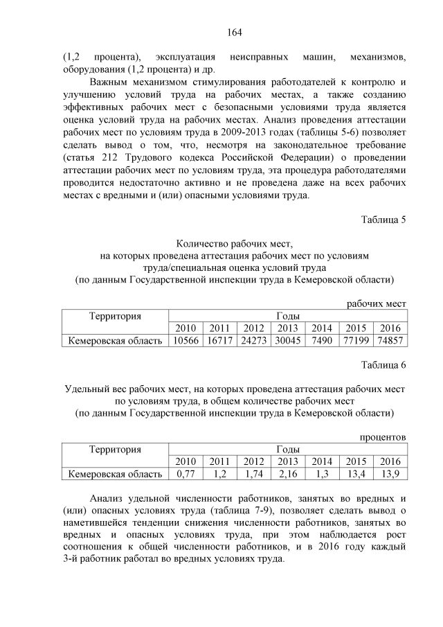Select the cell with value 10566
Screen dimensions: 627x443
pyautogui.click(x=186, y=340)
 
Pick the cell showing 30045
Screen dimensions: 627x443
pyautogui.click(x=287, y=340)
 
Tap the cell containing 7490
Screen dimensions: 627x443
pyautogui.click(x=321, y=340)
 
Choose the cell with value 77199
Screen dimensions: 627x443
pyautogui.click(x=355, y=340)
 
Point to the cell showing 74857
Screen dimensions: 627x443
pyautogui.click(x=390, y=340)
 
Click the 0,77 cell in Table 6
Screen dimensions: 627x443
pyautogui.click(x=186, y=474)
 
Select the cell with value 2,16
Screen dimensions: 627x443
pyautogui.click(x=287, y=474)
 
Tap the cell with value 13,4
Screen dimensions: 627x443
pyautogui.click(x=355, y=474)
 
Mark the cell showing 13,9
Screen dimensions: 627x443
pyautogui.click(x=390, y=474)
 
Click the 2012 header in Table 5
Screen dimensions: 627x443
pyautogui.click(x=253, y=328)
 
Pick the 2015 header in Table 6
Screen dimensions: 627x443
pyautogui.click(x=355, y=461)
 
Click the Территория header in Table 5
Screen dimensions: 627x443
pyautogui.click(x=116, y=316)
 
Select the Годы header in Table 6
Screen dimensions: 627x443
pyautogui.click(x=287, y=450)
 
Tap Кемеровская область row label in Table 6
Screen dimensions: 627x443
pyautogui.click(x=116, y=474)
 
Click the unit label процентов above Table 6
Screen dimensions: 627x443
pyautogui.click(x=383, y=437)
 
